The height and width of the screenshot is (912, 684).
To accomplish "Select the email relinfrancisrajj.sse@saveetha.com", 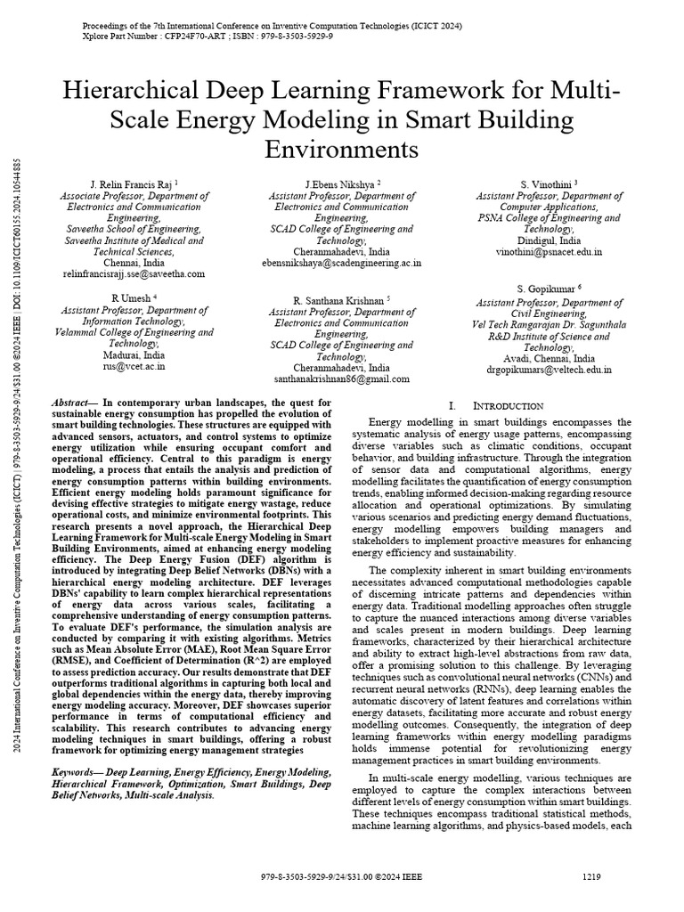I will [x=133, y=274].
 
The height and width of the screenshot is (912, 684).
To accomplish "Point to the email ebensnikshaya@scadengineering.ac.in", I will [x=342, y=264].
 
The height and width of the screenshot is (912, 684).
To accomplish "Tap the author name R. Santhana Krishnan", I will [x=339, y=301].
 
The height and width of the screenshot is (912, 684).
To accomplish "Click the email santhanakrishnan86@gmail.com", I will [x=342, y=379].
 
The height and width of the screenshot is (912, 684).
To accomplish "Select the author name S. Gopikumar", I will [x=546, y=289].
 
